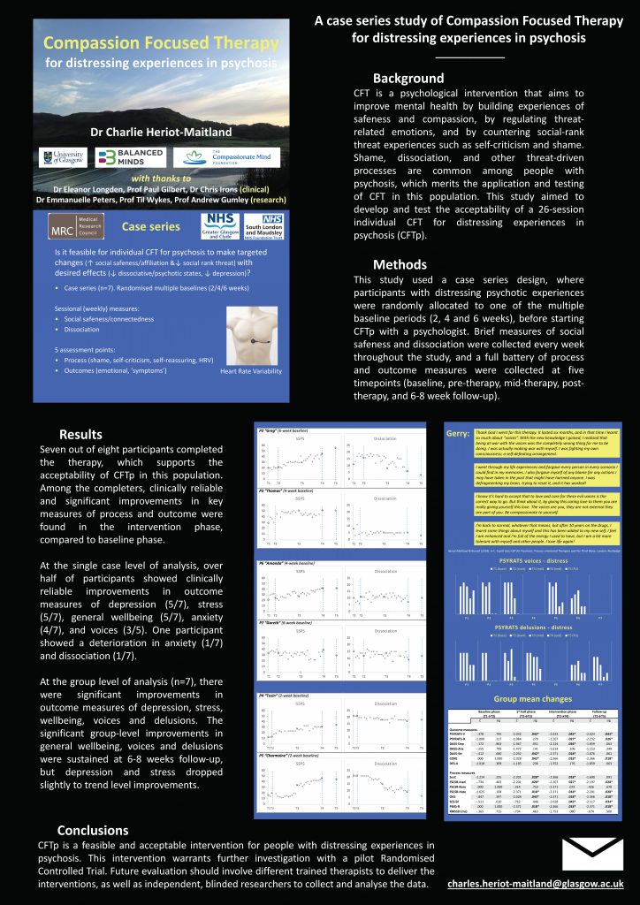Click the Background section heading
click(x=408, y=78)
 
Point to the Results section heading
click(x=80, y=434)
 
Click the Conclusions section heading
click(x=92, y=830)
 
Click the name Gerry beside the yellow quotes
click(x=458, y=435)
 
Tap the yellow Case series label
click(x=146, y=227)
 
